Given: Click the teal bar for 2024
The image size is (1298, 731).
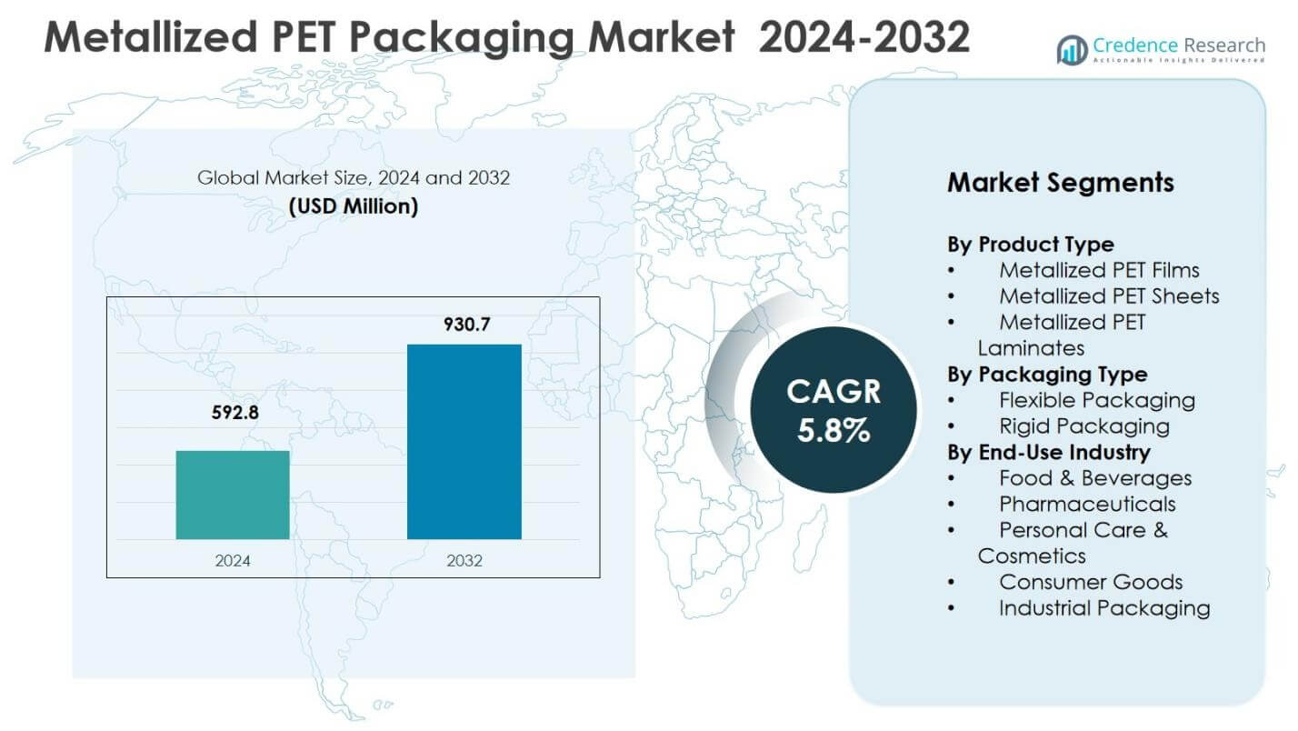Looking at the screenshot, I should click(233, 495).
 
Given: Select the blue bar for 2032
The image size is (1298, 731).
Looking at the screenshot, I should click(464, 441).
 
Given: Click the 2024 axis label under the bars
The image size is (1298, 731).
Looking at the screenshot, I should click(233, 561).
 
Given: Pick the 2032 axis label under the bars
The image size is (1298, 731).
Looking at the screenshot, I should click(464, 561).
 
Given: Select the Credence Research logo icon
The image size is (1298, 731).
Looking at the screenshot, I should click(1072, 50).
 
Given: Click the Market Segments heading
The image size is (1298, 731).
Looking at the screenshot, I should click(1060, 183).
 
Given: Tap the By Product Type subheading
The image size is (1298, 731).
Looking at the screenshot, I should click(1030, 245).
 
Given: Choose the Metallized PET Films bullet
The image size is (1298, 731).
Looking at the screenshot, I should click(1098, 270).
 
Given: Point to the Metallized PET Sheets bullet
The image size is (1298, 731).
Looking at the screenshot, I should click(1108, 296).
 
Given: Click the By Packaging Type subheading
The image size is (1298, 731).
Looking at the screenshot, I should click(1046, 375).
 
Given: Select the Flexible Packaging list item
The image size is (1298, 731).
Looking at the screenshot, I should click(1096, 400).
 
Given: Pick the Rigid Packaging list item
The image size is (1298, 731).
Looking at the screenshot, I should click(1083, 426).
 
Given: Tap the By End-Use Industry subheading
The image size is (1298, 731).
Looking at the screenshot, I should click(1048, 452).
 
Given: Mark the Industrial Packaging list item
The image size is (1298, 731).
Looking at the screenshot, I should click(1103, 608).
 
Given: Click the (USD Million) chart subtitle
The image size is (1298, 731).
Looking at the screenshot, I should click(354, 206).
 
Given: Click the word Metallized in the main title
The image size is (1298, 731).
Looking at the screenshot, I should click(145, 38).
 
